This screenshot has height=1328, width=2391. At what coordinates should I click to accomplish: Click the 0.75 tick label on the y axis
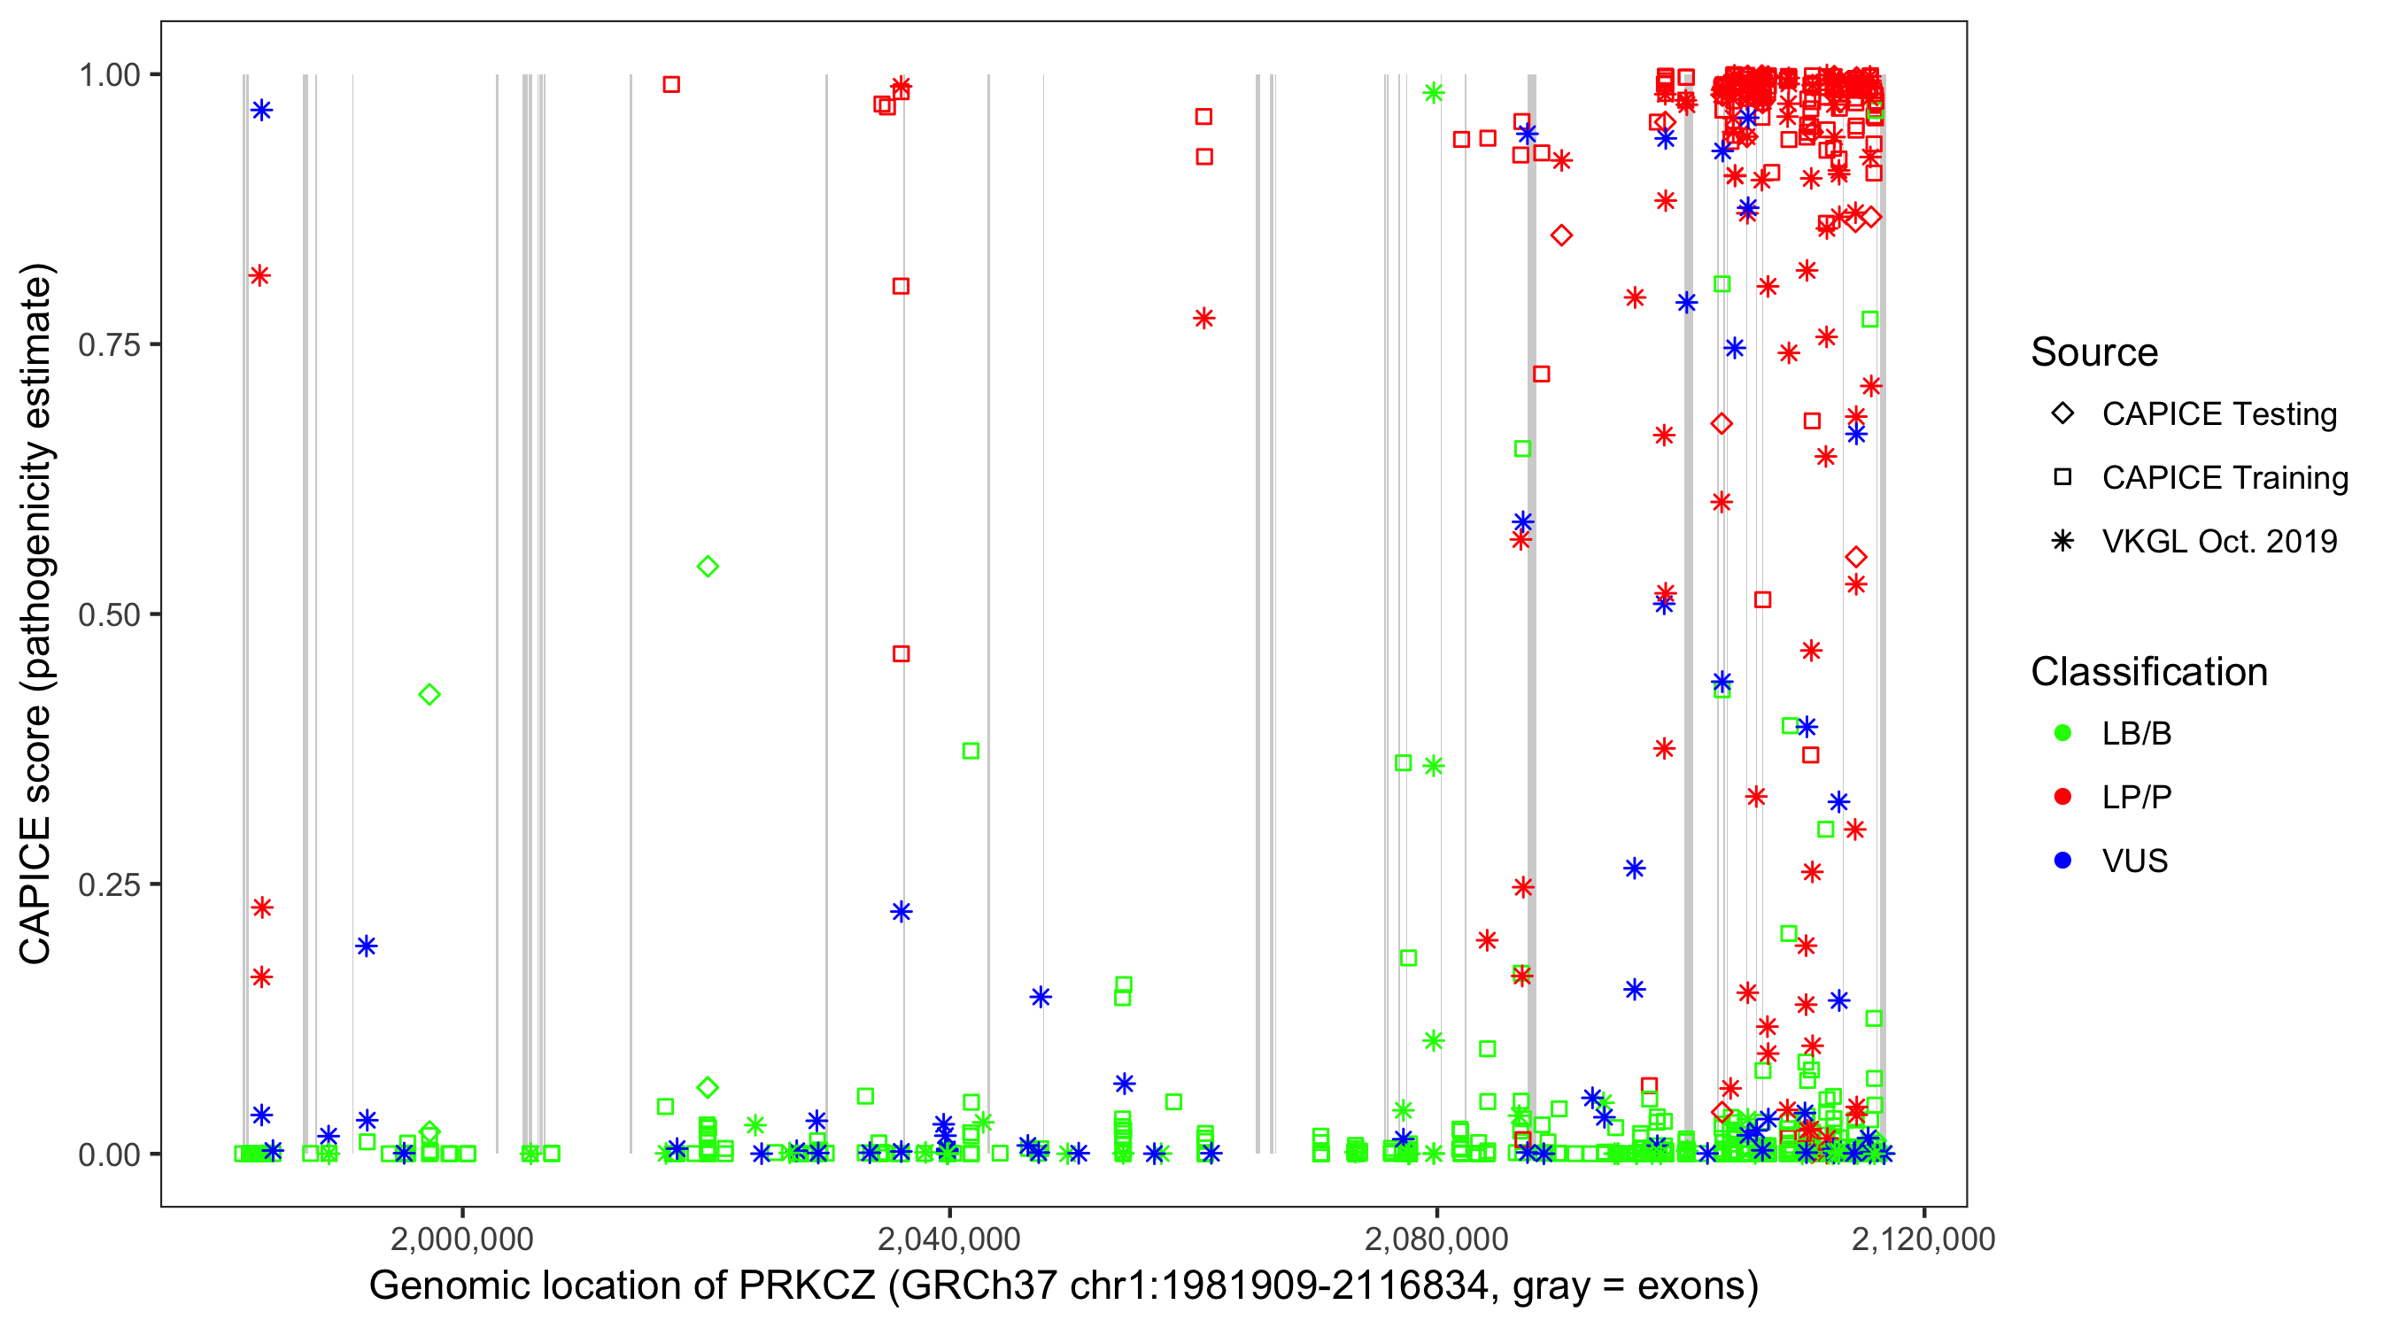tap(108, 344)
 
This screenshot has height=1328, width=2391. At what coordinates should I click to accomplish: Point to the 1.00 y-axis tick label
tap(108, 74)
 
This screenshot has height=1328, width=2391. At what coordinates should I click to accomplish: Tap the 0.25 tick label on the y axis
tap(108, 884)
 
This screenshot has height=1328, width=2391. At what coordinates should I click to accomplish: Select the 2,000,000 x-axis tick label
tap(462, 1239)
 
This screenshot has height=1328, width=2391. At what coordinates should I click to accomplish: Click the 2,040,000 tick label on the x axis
tap(948, 1239)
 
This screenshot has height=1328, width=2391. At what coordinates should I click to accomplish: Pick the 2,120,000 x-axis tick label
tap(1923, 1239)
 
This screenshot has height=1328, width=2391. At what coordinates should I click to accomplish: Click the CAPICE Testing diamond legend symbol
tap(2062, 414)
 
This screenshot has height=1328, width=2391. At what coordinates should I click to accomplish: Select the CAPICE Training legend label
tap(2225, 478)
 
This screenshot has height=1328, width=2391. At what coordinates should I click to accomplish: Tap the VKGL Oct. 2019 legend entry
tap(2219, 542)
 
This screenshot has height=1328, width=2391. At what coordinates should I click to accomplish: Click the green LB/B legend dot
tap(2062, 733)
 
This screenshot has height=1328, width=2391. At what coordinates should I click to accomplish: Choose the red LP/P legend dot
tap(2062, 797)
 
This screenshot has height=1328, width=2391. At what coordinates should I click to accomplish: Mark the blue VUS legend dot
tap(2062, 861)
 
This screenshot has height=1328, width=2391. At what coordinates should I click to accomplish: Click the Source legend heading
tap(2094, 352)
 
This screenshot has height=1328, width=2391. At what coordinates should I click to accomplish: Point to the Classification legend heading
tap(2148, 672)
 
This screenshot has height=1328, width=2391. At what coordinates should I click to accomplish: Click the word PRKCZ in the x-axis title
tap(807, 1286)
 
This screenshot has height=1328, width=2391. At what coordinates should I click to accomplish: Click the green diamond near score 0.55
tap(708, 566)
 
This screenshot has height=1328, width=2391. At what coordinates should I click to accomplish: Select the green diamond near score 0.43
tap(429, 694)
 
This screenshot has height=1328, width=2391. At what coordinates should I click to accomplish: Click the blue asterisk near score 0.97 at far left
tap(262, 111)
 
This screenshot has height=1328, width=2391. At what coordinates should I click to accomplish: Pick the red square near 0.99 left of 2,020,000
tap(671, 84)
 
